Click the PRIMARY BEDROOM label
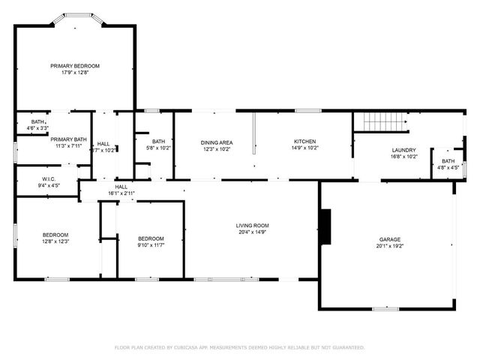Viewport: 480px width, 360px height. [75, 66]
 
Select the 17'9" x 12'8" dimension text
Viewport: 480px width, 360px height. [75, 73]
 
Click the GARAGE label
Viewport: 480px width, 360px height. [389, 239]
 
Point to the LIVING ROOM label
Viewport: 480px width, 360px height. [253, 225]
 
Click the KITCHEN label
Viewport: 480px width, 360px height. [304, 141]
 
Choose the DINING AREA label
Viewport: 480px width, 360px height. [216, 142]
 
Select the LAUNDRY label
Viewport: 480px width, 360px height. [403, 150]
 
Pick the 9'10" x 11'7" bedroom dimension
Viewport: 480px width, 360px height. [150, 245]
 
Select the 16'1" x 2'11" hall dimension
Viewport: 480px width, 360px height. [121, 193]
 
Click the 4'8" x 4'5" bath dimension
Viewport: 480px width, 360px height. [448, 167]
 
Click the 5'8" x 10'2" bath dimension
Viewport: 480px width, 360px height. [158, 148]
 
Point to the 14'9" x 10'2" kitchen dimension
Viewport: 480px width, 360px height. [304, 148]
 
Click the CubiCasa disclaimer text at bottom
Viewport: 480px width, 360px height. [239, 347]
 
